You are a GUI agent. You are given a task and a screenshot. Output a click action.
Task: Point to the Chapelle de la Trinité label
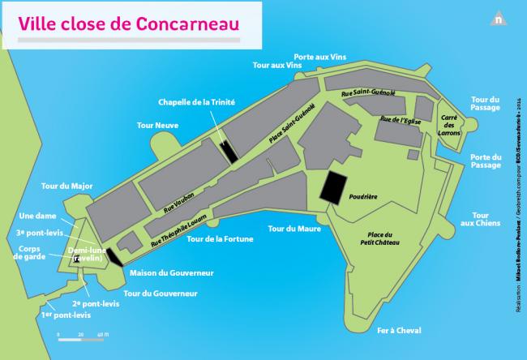click(196, 103)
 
